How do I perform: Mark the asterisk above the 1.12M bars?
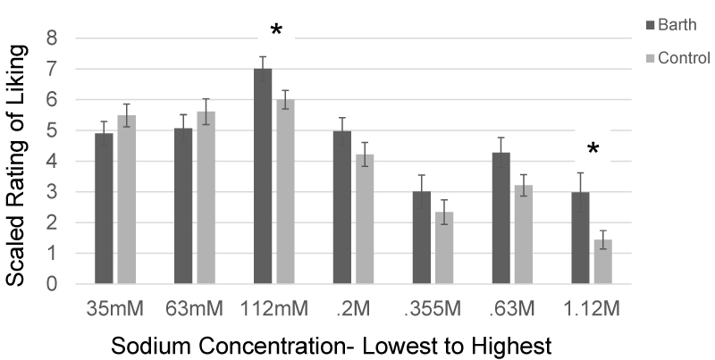tap(592, 150)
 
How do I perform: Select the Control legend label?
tap(684, 59)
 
